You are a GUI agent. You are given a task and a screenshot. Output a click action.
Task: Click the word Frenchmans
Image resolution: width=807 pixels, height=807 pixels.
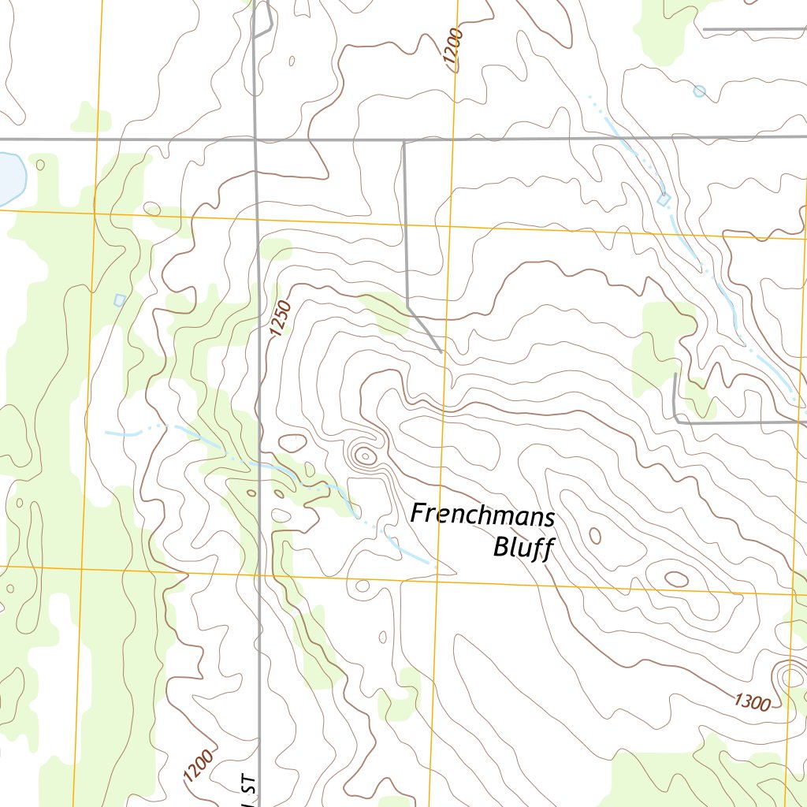coord(482,515)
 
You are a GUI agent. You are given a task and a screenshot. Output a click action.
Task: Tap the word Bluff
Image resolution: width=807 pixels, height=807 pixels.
coord(521,547)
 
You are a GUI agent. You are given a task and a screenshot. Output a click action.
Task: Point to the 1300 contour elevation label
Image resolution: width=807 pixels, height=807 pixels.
coord(751,702)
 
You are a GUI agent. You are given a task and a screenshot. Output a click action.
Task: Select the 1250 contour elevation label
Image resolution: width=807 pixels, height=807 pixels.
coord(279,319)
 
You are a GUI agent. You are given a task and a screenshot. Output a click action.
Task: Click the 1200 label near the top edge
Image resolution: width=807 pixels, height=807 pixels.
coord(455,50)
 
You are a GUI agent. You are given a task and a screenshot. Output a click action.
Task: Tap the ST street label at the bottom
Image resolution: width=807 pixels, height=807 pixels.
coord(249,792)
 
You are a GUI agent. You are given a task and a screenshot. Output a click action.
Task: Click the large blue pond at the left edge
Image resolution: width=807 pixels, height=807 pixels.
coord(9,177)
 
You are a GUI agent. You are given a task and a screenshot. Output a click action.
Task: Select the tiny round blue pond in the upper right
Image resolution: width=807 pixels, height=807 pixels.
coord(699,91)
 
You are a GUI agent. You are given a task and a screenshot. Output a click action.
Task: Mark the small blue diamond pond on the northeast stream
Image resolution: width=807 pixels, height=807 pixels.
coord(664,200)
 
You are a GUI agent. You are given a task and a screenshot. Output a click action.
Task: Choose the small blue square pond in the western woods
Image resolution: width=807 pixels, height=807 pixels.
coord(120,299)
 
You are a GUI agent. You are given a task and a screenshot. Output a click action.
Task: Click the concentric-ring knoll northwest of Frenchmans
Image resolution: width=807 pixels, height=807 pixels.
coord(364,455)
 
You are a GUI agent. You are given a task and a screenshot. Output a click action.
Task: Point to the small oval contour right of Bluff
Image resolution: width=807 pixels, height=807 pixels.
coord(595,536)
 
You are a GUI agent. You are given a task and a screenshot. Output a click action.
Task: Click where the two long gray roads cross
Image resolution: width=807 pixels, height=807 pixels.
coord(255,140)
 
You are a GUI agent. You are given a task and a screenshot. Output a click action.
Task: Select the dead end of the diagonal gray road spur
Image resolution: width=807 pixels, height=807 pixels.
coord(441,351)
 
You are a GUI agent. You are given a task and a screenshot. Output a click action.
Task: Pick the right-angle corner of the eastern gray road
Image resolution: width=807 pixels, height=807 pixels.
coord(677,422)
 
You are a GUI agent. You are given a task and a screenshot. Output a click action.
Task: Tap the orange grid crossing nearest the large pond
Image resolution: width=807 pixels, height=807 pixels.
coord(95,211)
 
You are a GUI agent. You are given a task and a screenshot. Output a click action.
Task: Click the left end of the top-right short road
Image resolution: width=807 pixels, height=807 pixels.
coord(704,29)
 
